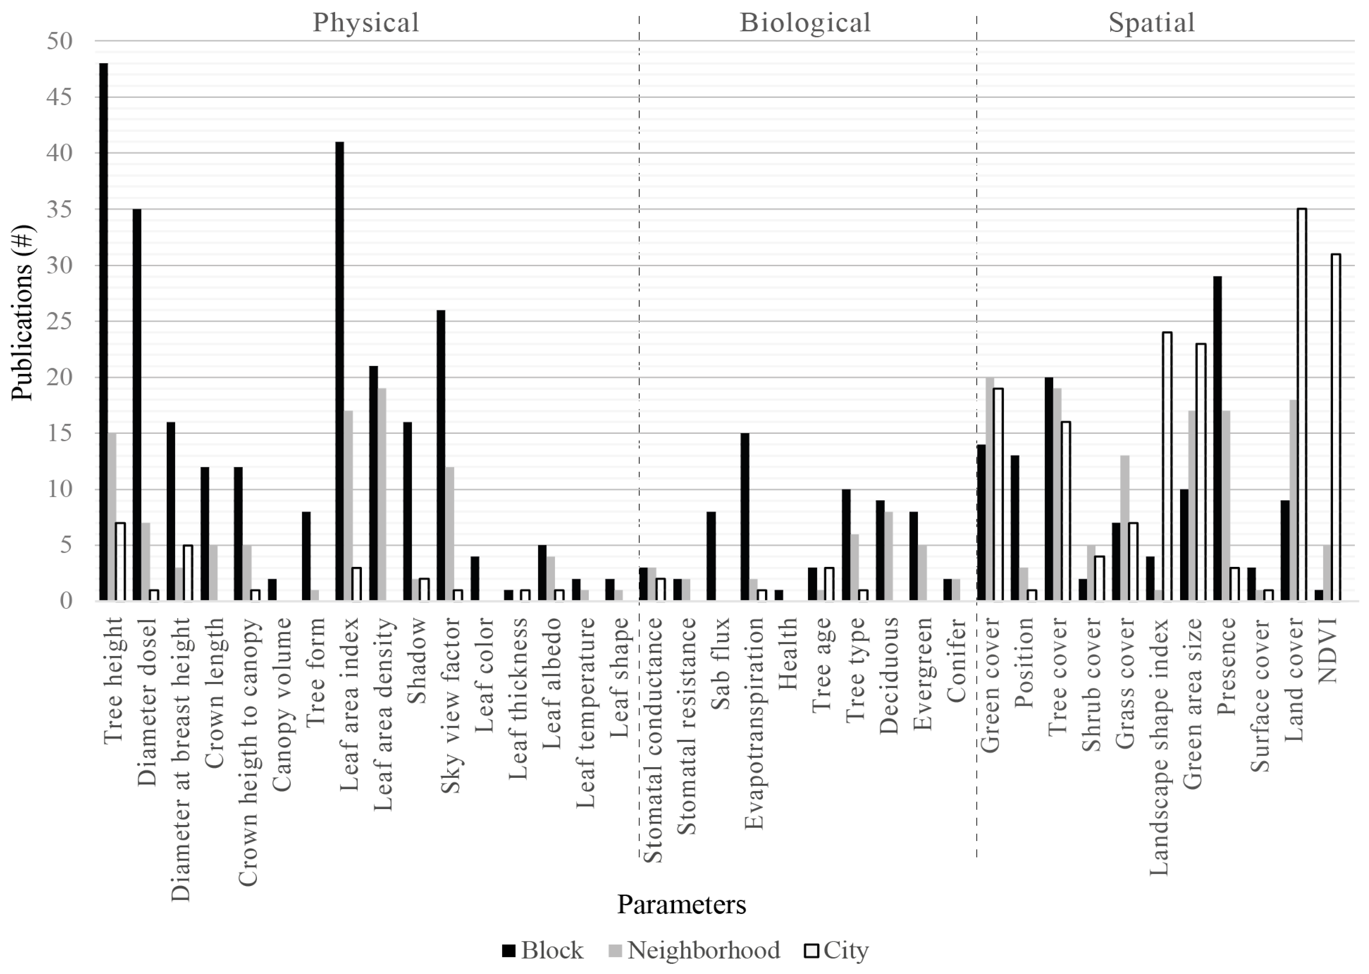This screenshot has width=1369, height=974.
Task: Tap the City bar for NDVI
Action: [1336, 427]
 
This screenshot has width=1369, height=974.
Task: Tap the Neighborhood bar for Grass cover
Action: [1125, 528]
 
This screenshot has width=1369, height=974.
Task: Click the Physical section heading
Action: [366, 23]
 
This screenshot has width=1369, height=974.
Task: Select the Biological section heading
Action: [805, 23]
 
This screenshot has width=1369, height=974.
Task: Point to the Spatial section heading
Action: [1151, 23]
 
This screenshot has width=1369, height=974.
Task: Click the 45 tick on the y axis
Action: [59, 97]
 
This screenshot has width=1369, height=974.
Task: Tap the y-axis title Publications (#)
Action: [22, 312]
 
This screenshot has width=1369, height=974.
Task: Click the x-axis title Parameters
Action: [682, 904]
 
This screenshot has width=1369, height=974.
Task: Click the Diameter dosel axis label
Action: [147, 702]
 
